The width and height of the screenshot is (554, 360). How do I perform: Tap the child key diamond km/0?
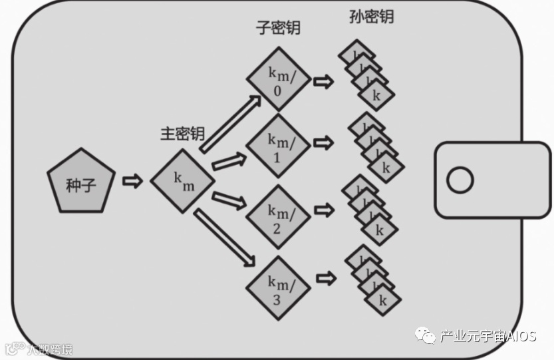click(x=279, y=79)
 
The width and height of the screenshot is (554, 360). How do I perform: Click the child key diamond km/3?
click(x=279, y=287)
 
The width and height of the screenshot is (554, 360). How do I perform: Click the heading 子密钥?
click(x=278, y=28)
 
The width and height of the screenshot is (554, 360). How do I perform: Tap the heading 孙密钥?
click(x=371, y=16)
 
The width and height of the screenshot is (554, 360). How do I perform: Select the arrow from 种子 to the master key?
click(x=132, y=181)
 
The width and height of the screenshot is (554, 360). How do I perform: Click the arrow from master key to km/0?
click(x=229, y=122)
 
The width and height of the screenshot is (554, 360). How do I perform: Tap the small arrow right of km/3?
click(x=324, y=276)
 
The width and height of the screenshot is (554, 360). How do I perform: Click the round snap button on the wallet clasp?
click(x=460, y=180)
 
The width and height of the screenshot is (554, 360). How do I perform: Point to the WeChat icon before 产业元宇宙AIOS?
click(x=426, y=335)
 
